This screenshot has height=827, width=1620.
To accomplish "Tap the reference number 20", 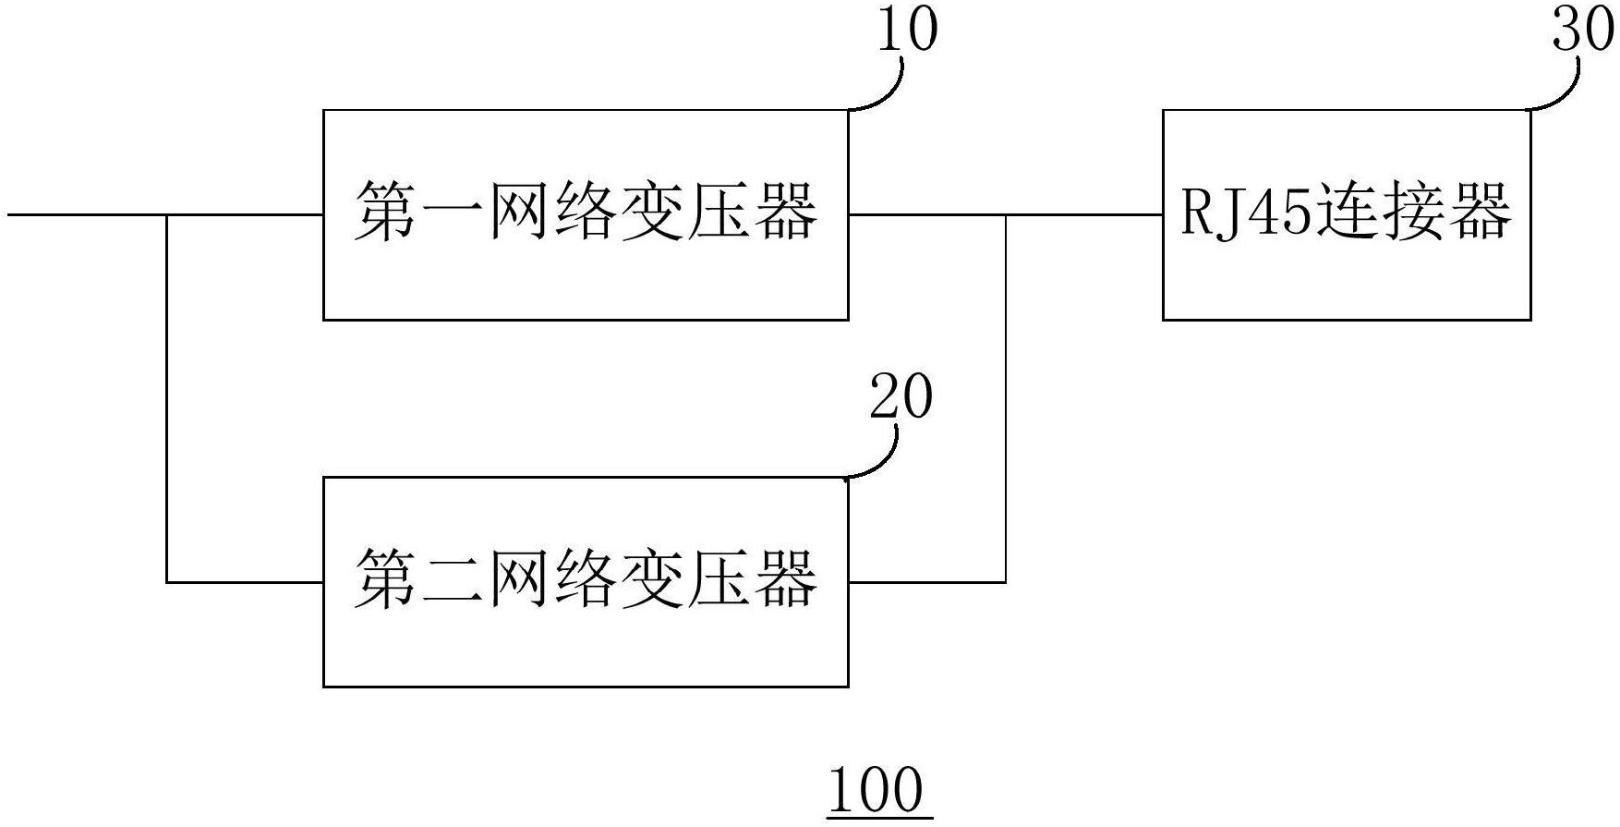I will [901, 398].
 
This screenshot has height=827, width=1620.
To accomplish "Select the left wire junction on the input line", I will [167, 215].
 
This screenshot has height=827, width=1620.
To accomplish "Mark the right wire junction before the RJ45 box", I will [1006, 215].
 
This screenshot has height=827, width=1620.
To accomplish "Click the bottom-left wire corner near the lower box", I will [167, 582].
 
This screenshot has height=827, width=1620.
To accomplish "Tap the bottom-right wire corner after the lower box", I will [1006, 582].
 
